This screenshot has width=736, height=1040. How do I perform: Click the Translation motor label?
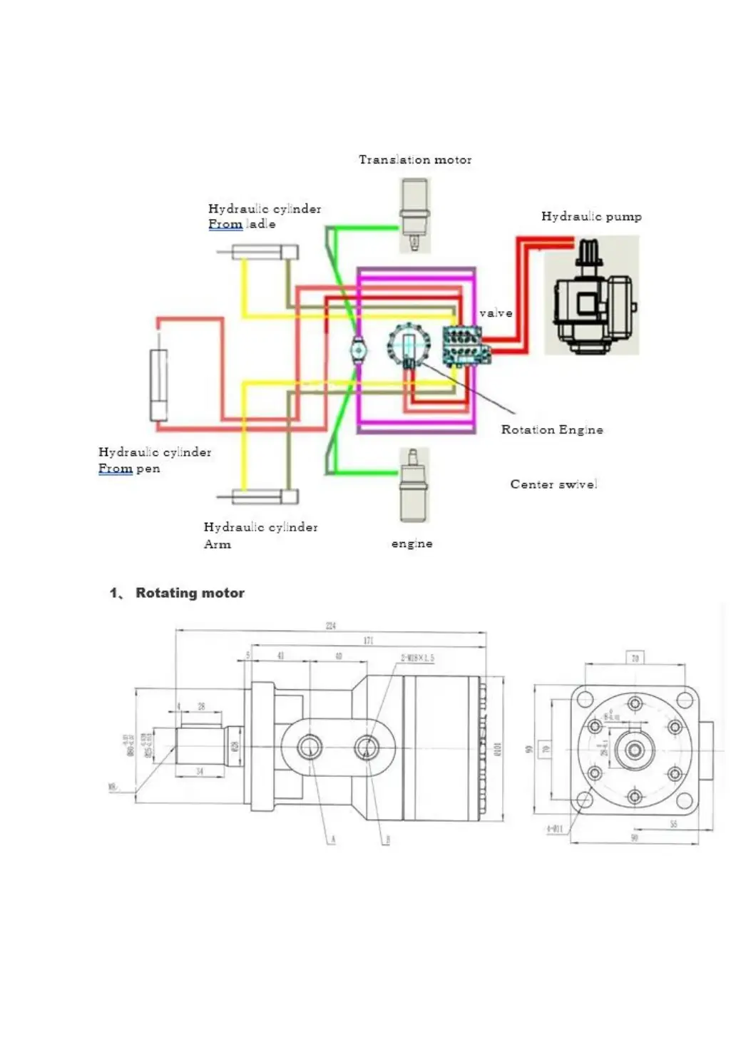coord(414,160)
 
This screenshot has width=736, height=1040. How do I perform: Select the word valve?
coord(496,313)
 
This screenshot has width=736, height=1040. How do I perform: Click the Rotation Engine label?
coord(551,429)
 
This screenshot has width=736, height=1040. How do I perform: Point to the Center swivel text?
coord(553,484)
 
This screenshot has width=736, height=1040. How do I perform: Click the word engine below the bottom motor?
coord(412,544)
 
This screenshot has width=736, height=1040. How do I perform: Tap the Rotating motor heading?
coord(190,593)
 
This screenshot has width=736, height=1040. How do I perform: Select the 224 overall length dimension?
coord(331,626)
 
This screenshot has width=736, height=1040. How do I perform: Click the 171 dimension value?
coord(368,641)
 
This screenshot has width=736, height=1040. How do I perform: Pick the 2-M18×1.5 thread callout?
coord(417,658)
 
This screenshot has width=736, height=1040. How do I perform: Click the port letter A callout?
coord(332,840)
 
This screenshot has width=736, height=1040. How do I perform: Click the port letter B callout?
coord(387,840)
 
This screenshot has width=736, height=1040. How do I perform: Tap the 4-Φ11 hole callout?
coord(554,829)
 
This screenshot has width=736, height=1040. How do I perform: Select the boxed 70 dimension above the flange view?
coord(635,658)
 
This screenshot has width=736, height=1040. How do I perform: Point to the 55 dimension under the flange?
coord(673,824)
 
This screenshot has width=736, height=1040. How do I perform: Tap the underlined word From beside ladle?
coord(225,224)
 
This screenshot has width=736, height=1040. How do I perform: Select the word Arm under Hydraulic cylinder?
coord(218,544)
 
